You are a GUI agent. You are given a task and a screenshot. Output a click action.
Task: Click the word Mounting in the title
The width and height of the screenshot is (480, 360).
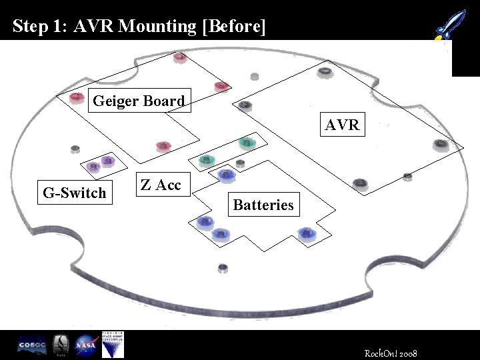tap(150, 26)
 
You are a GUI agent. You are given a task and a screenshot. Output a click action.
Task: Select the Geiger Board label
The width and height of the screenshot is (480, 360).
tap(139, 101)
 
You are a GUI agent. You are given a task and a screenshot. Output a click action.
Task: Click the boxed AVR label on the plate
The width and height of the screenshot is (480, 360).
tap(342, 125)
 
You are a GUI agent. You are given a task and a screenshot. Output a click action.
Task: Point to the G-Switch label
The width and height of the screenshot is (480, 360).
tap(75, 193)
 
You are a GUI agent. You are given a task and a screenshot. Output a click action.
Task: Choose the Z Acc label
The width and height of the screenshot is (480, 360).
tap(161, 185)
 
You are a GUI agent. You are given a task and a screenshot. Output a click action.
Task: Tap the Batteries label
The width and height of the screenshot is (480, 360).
tap(263, 205)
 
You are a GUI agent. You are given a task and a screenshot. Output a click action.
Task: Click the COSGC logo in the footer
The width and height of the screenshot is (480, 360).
tap(31, 345)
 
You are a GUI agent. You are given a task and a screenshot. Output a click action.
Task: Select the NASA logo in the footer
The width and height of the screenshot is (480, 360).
tap(85, 345)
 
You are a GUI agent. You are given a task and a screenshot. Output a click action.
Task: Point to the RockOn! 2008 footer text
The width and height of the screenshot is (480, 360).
tap(391, 351)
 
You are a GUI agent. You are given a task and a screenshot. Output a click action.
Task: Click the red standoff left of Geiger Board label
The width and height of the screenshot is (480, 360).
tap(77, 99)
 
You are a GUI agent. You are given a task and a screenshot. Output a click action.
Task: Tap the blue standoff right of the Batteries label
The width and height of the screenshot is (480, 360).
tap(306, 233)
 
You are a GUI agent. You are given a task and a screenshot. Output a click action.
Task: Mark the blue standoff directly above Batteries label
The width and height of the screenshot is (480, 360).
tap(227, 175)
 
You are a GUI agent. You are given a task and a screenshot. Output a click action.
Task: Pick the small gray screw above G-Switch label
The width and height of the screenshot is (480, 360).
tap(75, 148)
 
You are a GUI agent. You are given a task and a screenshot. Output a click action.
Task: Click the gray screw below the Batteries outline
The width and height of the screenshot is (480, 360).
tap(223, 267)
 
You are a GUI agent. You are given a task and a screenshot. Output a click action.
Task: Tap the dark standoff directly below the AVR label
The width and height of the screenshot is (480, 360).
tap(360, 182)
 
